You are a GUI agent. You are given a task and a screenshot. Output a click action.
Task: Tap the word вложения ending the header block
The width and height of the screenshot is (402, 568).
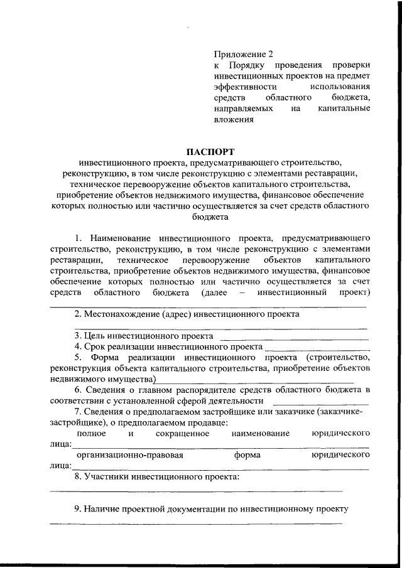tap(234, 119)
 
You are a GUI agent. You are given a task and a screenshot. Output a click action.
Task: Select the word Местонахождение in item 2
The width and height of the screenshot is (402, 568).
tap(125, 313)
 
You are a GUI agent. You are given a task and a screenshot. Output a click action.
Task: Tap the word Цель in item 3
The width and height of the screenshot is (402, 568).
tap(96, 336)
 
